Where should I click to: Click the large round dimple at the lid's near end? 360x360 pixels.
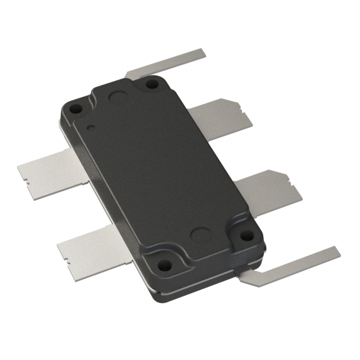[x=200, y=235]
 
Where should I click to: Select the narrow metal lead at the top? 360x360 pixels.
[x=169, y=63]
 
